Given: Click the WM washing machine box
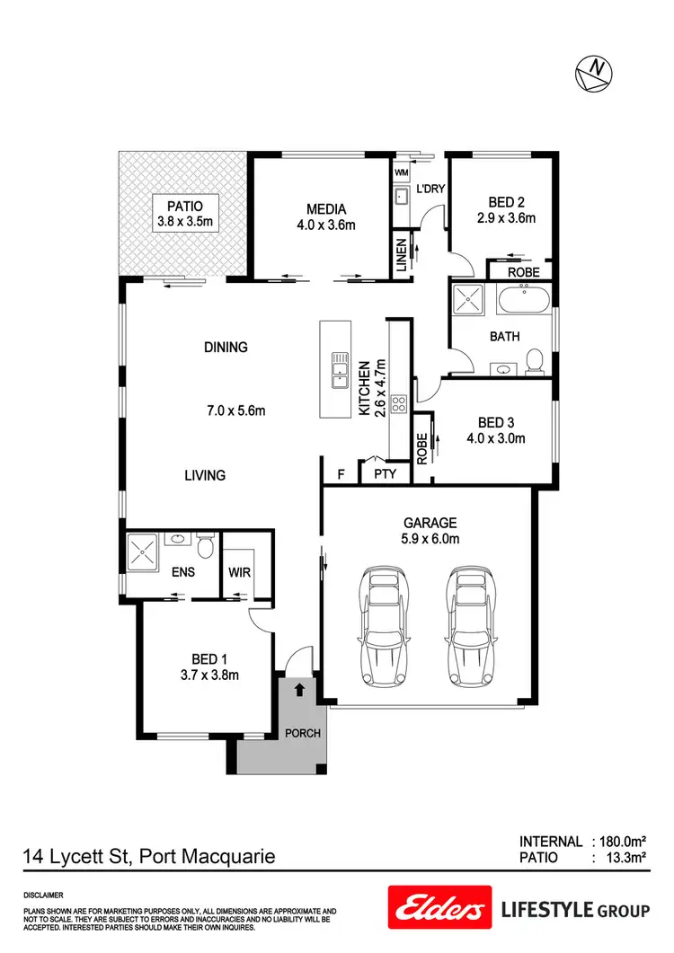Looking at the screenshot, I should pyautogui.click(x=401, y=172).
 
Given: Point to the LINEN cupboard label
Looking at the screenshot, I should pyautogui.click(x=402, y=255).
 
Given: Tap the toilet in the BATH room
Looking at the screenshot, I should pyautogui.click(x=535, y=361).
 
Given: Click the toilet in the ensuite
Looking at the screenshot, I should pyautogui.click(x=206, y=546).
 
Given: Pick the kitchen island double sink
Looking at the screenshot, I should pyautogui.click(x=340, y=369).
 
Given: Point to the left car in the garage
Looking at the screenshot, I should pyautogui.click(x=383, y=624).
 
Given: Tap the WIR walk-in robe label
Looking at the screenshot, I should pyautogui.click(x=239, y=570).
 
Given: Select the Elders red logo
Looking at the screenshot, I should pyautogui.click(x=439, y=908).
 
